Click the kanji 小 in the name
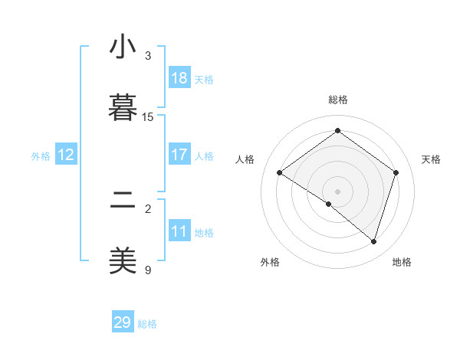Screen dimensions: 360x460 click(123, 47)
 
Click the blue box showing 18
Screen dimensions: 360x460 click(179, 78)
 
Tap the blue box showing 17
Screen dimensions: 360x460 click(179, 155)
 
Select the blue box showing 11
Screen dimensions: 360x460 click(179, 231)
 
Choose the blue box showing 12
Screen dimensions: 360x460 click(66, 155)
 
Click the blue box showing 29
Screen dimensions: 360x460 click(123, 322)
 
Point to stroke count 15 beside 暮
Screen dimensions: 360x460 click(148, 116)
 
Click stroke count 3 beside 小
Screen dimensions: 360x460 click(148, 55)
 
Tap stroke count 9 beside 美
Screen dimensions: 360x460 click(148, 270)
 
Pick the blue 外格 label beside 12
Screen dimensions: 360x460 click(41, 156)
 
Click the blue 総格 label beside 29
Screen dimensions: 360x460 click(147, 324)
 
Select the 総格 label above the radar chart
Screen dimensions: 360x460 click(337, 100)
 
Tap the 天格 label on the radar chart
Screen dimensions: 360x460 click(431, 159)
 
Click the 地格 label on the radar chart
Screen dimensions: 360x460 click(402, 262)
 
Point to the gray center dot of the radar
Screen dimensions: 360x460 click(337, 191)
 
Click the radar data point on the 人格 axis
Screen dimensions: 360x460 click(280, 173)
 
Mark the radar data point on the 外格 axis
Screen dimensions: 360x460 click(329, 204)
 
